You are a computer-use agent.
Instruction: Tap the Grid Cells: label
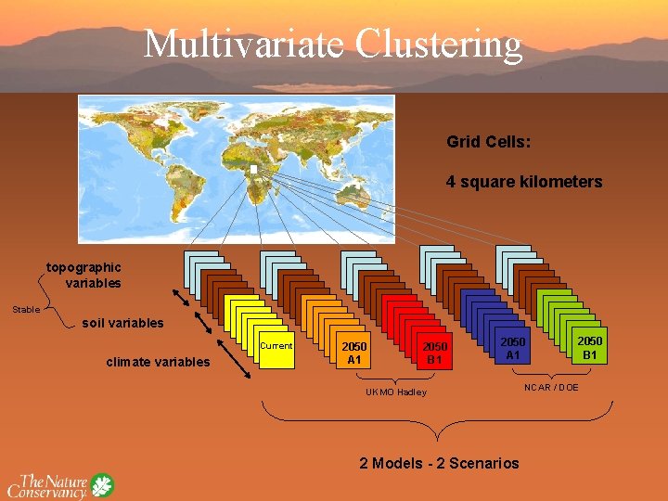tap(488, 143)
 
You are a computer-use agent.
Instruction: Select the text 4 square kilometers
tap(524, 182)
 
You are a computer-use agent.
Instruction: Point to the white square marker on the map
tap(252, 169)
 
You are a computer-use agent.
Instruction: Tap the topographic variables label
tap(84, 275)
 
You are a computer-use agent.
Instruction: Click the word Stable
tap(26, 309)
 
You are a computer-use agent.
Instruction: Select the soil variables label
tap(122, 324)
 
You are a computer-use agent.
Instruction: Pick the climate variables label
tap(158, 362)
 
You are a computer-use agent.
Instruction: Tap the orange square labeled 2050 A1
tap(354, 353)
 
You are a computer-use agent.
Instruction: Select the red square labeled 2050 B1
tap(432, 353)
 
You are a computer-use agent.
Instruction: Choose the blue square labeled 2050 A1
tap(513, 349)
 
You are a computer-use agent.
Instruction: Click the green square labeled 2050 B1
tap(589, 349)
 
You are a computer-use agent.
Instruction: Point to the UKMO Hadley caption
tap(395, 392)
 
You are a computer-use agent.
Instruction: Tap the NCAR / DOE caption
tap(551, 387)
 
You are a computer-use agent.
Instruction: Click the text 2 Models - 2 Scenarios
tap(439, 463)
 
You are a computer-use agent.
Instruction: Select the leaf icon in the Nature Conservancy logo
tap(101, 485)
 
